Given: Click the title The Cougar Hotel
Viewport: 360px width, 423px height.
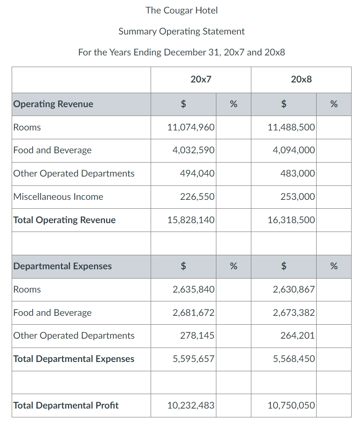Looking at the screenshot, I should coord(181,10).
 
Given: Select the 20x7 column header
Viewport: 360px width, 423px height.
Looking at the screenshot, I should coord(201,79).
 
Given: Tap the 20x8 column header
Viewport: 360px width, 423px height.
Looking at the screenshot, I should coord(301,79).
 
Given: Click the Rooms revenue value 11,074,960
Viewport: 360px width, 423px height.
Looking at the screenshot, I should coord(191,127).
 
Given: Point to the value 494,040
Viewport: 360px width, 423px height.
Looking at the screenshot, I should coord(197,173).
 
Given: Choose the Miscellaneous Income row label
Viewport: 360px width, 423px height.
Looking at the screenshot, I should coord(58,197).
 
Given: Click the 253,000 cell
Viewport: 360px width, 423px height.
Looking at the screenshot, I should coord(298,197).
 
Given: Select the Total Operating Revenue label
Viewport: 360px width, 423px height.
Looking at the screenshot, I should coord(64,220).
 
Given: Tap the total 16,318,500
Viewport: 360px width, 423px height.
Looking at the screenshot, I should coord(291,220).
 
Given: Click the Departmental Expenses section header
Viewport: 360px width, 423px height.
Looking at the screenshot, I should coord(62,266).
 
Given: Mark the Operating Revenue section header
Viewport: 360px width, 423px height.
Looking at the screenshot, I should coord(53,104).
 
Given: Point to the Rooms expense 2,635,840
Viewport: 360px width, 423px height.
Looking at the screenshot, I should coord(194,289).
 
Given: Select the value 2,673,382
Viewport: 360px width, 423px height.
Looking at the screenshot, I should coord(294,313).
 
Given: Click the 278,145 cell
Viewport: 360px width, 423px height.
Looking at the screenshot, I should coord(197,335).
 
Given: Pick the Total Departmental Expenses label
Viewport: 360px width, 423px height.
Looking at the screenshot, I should coord(74,359).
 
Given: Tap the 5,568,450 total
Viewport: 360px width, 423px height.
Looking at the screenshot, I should coord(294,359).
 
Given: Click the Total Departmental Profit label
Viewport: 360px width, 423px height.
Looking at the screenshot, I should coord(66,405).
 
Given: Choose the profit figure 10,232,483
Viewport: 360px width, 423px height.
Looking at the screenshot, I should coord(191,405).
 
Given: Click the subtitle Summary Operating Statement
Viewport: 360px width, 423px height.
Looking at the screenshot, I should coord(181,31).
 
